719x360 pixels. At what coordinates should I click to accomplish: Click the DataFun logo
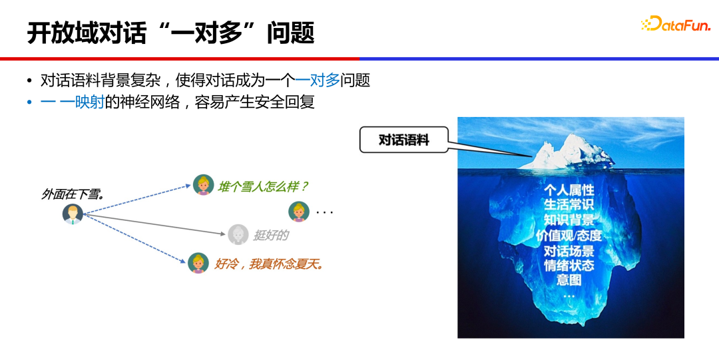[675, 25]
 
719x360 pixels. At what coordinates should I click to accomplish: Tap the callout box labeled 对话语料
[403, 140]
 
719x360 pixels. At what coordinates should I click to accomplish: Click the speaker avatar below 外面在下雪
[73, 214]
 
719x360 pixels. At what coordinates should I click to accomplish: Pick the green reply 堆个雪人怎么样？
[264, 186]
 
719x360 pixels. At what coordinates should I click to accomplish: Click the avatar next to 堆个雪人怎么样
[203, 185]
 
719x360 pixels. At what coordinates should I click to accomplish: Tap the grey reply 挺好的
[271, 235]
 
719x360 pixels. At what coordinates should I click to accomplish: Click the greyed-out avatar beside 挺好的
[238, 234]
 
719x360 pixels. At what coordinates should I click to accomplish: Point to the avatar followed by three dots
[299, 212]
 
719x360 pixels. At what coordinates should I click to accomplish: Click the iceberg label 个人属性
[569, 190]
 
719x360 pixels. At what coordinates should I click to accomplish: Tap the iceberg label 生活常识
[569, 205]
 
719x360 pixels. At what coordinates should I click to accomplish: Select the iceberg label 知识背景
[569, 220]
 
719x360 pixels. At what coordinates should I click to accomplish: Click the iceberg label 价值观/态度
[569, 236]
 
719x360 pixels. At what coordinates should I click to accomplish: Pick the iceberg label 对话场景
[569, 251]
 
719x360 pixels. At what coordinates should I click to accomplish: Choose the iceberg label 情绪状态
[569, 266]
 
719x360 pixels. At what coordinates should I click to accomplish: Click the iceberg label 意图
[569, 280]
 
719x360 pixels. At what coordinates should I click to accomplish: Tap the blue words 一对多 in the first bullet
[317, 81]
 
